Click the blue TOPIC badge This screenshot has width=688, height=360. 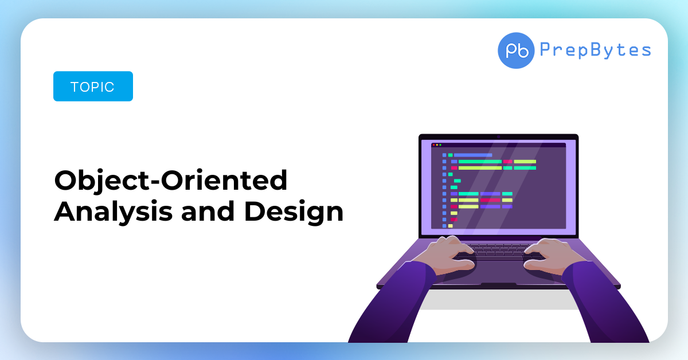point(93,87)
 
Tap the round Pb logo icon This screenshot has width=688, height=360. point(516,50)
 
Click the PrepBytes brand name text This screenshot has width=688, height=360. point(595,50)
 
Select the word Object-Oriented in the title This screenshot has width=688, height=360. point(171,181)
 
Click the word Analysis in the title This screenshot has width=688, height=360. point(114,212)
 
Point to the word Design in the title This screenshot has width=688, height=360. point(294,212)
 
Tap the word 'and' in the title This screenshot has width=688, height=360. point(208,212)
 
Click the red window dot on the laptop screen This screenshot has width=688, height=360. point(433,145)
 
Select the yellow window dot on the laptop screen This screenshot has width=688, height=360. point(437,145)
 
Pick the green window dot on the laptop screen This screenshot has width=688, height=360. point(440,145)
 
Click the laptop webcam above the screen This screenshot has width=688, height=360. point(498,136)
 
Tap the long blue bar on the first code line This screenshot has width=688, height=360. point(473,155)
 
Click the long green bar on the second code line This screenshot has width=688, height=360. point(480,162)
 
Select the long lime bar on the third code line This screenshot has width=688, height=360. point(480,168)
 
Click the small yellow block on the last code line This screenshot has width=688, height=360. point(450,226)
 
